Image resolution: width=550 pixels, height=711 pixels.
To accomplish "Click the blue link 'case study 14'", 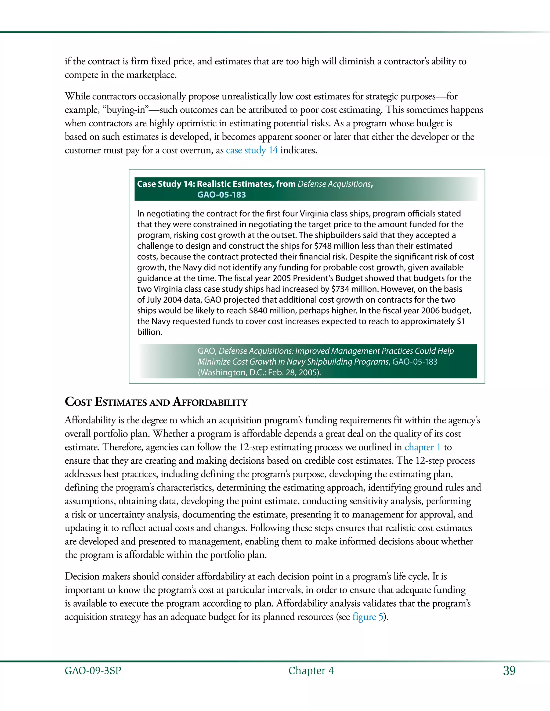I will click(x=252, y=151).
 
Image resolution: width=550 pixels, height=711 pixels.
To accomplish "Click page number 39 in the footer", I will click(x=509, y=671).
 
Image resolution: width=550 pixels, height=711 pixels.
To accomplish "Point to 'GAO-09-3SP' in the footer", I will click(x=93, y=671).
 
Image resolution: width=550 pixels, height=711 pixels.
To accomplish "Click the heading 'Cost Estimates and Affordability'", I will click(x=156, y=402).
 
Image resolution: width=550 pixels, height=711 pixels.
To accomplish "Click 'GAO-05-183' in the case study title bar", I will click(x=222, y=195).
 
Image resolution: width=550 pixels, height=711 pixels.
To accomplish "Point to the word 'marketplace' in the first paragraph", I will click(x=151, y=75).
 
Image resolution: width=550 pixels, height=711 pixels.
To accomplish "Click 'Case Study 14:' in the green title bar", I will click(x=165, y=184).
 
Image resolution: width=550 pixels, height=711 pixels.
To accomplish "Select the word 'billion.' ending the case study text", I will click(x=150, y=332).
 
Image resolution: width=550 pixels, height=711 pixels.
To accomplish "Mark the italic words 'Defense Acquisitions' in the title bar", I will click(x=334, y=184).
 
